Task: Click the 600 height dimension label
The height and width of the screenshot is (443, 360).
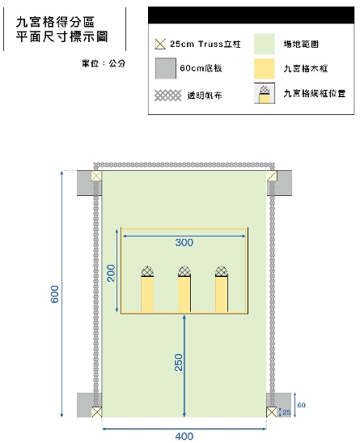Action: (x=55, y=294)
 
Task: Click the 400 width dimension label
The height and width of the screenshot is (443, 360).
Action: (x=184, y=437)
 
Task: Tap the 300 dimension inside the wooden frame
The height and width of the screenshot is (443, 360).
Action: (x=184, y=242)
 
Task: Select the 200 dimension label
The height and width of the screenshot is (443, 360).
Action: (x=112, y=273)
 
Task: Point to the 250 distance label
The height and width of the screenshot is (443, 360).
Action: (x=179, y=362)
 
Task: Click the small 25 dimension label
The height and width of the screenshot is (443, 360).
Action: (x=286, y=412)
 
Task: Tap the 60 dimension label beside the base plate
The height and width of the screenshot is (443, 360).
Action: (x=301, y=405)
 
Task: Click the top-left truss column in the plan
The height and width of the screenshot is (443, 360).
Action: (x=96, y=176)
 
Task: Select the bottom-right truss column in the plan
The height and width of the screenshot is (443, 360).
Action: (x=272, y=412)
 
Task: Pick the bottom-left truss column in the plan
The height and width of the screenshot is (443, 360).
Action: (x=96, y=412)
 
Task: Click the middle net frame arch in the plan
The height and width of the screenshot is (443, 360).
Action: (x=184, y=271)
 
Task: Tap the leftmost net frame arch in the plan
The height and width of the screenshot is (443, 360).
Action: (x=147, y=271)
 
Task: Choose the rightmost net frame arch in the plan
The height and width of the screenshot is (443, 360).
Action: (x=221, y=271)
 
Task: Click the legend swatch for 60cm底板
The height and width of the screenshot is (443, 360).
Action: (x=166, y=68)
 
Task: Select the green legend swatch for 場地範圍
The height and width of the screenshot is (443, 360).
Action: (x=265, y=44)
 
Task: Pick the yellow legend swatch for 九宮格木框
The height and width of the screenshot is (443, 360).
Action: (x=265, y=68)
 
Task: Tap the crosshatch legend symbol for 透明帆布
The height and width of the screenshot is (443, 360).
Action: (x=168, y=96)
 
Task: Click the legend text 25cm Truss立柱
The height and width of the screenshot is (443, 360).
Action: (x=205, y=44)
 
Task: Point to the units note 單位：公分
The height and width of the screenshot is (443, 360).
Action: (x=104, y=63)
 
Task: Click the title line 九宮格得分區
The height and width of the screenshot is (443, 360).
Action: (x=55, y=22)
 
